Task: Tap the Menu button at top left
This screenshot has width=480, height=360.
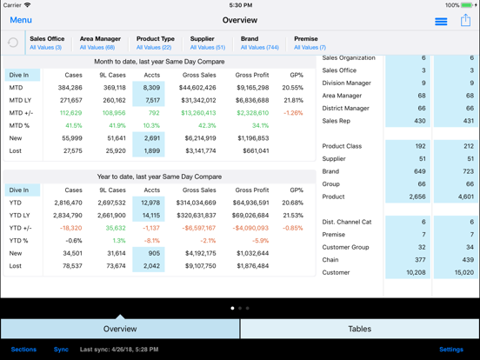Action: (x=21, y=20)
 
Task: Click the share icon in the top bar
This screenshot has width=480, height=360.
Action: (x=465, y=20)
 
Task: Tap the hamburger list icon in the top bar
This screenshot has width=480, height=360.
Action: (x=441, y=21)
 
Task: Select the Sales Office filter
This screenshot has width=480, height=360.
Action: (x=46, y=43)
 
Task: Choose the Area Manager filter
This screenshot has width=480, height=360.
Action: (x=99, y=43)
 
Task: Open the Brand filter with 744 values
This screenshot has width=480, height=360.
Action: (x=259, y=43)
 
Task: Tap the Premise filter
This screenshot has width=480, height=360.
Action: (x=310, y=43)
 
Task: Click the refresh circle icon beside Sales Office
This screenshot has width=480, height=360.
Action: (x=13, y=43)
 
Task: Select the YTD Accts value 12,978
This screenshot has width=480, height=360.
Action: (x=150, y=203)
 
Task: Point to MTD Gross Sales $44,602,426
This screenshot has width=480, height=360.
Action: (x=197, y=88)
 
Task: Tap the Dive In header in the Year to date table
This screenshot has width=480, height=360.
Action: (x=19, y=190)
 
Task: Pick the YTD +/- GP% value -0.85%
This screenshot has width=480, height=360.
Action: (x=293, y=228)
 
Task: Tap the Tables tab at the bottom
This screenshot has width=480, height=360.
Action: (x=359, y=329)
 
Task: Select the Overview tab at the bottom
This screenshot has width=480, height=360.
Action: (x=120, y=329)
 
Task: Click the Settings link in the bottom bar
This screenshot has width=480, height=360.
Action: (x=450, y=350)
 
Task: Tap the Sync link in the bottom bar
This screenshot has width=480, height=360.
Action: (x=61, y=350)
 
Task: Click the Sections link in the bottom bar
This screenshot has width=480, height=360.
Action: (x=23, y=350)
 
